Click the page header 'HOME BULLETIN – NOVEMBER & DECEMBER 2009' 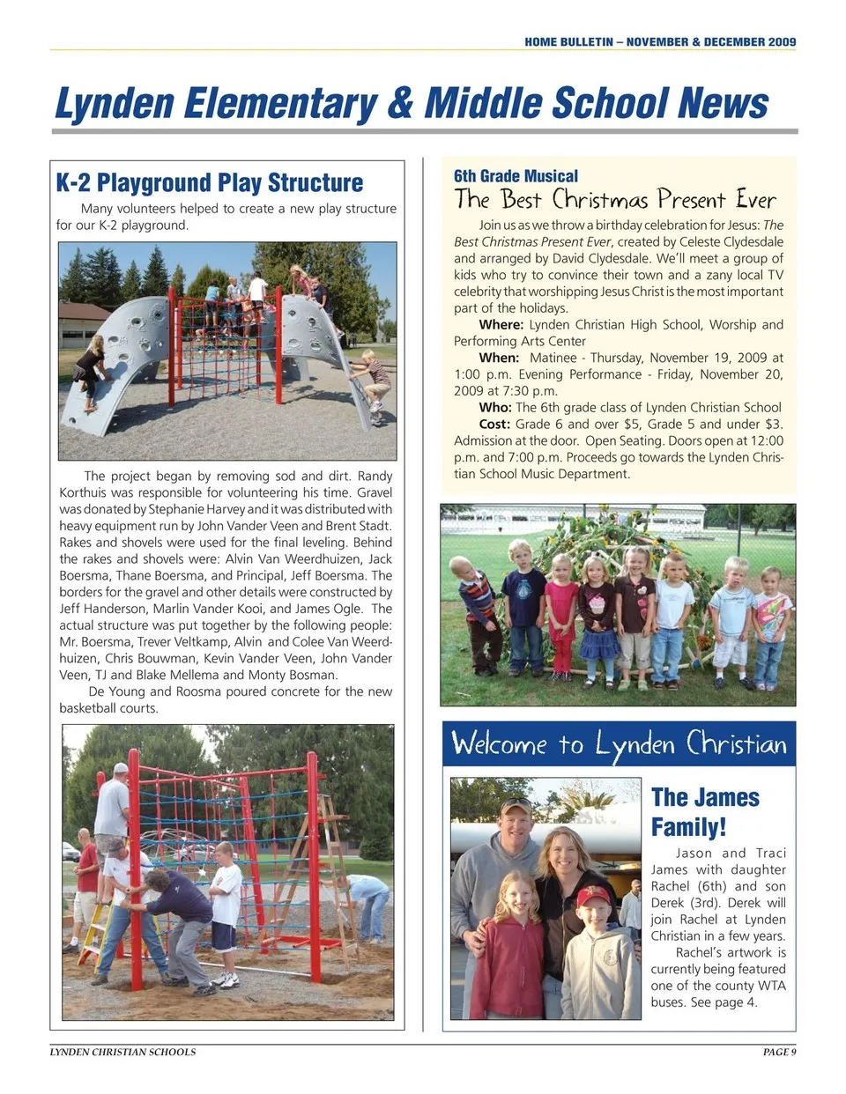[660, 41]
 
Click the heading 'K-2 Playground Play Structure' [210, 182]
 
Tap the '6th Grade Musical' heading [516, 176]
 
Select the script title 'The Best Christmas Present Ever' [615, 199]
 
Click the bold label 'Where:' [501, 325]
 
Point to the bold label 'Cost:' [494, 425]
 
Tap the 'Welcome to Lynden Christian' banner [619, 744]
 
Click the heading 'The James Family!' [705, 812]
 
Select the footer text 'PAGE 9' [779, 1052]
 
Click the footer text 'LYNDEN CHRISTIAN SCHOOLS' [122, 1052]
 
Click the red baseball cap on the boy [592, 897]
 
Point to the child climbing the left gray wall [91, 370]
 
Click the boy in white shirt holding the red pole [226, 907]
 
